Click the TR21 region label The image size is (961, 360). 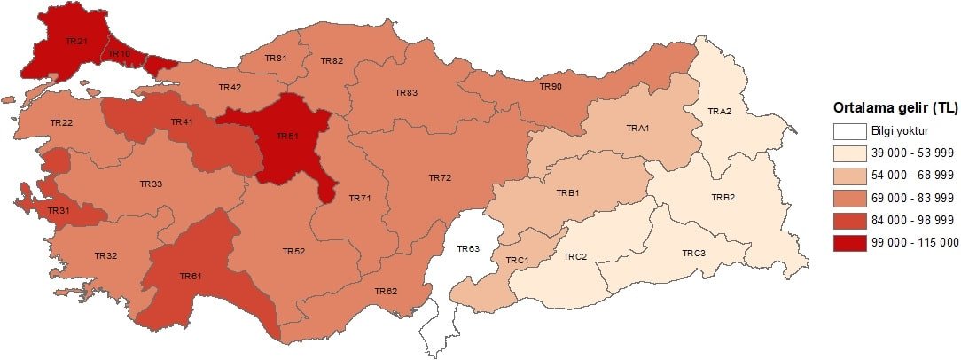tap(76, 41)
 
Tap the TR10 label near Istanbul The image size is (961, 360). tap(120, 53)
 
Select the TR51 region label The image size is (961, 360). tap(286, 136)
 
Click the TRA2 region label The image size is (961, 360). tap(719, 111)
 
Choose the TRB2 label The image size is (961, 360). tap(723, 197)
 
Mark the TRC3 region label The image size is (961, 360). tap(693, 254)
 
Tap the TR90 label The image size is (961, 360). tap(551, 86)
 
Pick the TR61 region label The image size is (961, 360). tap(191, 276)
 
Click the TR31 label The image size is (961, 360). tap(59, 210)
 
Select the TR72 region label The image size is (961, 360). tap(440, 178)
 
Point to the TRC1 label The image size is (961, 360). tap(517, 260)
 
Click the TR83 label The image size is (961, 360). tap(407, 92)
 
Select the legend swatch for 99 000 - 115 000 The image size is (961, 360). tap(848, 241)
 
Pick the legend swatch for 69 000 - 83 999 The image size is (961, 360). tap(848, 197)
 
